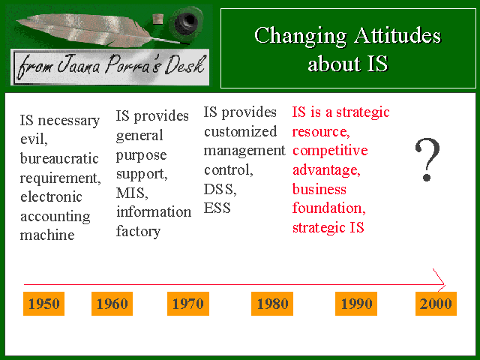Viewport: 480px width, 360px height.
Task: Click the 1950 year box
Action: [43, 303]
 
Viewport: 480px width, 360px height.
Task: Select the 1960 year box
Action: [112, 303]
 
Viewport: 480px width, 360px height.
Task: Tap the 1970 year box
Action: [188, 303]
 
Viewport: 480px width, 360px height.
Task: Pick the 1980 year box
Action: [272, 303]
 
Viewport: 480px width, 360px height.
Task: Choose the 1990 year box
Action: [356, 303]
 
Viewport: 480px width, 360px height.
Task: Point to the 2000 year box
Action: [436, 303]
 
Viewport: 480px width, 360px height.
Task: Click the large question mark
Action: [427, 159]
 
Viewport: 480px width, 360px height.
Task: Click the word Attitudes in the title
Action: [397, 35]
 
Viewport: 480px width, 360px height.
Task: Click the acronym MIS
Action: [132, 193]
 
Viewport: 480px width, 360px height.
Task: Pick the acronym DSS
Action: [220, 190]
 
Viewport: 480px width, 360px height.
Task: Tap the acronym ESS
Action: [217, 208]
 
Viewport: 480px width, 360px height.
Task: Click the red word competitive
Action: [330, 151]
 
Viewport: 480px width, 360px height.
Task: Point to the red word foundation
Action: [329, 208]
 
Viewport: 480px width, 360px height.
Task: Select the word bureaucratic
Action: [59, 158]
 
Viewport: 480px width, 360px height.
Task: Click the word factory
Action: [138, 232]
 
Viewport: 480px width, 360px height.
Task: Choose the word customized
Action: [240, 132]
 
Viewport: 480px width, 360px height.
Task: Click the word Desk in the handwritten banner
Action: [184, 65]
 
